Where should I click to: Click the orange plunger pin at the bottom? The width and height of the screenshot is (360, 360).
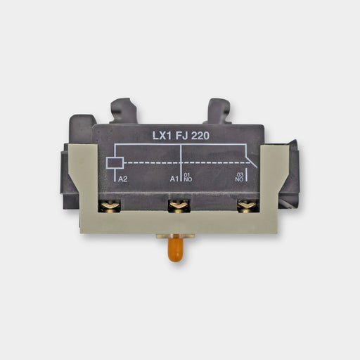coord(176,250)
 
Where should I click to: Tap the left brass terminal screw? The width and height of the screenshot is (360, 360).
coord(110,206)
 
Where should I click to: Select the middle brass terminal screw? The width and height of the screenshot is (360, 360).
coord(179,206)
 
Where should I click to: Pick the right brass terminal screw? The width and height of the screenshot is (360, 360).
coord(248,206)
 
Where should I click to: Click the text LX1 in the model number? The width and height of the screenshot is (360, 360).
coord(162,136)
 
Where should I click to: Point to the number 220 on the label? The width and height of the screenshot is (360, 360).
coord(200,136)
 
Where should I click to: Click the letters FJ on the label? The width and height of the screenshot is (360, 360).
coord(181,136)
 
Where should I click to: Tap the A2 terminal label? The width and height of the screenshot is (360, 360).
coord(122,179)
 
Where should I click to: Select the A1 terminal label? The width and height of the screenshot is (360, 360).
coord(174,179)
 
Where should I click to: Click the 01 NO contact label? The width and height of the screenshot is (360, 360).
coord(188,177)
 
